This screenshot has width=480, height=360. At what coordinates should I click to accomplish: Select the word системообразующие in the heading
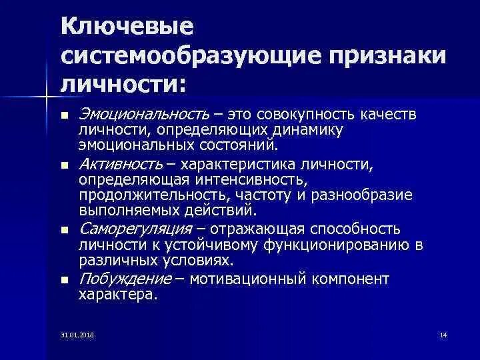189,57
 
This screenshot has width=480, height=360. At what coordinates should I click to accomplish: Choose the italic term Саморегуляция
136,229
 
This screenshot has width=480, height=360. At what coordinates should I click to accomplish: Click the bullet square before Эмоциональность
64,115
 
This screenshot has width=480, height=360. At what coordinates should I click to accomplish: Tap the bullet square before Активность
64,165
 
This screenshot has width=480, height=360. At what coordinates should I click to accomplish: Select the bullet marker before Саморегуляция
64,230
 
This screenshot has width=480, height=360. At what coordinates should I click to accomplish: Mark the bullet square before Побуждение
64,279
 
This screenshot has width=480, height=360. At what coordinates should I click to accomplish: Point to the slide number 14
444,334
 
